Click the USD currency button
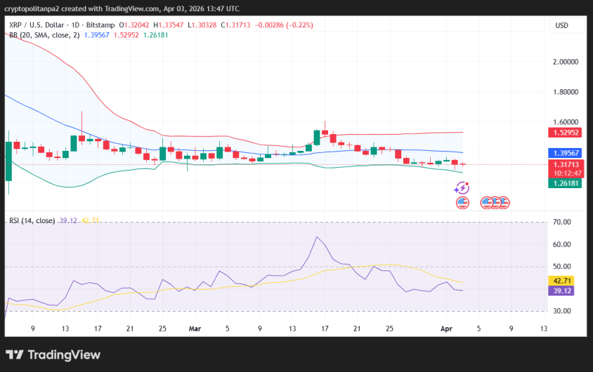click(x=561, y=25)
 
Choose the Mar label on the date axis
click(x=195, y=328)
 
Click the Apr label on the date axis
click(x=445, y=328)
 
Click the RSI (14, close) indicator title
click(x=32, y=220)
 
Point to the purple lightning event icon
click(x=462, y=188)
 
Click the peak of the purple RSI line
click(x=318, y=237)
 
